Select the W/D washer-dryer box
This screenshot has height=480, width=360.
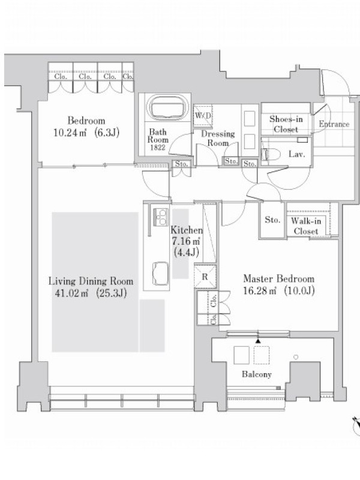(x=203, y=115)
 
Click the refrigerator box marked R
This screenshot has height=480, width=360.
(x=205, y=277)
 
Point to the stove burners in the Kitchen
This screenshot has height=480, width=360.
(x=160, y=217)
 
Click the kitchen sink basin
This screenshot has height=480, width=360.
(x=160, y=273)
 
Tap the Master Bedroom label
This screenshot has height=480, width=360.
(x=278, y=278)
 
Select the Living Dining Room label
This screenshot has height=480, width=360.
(x=91, y=281)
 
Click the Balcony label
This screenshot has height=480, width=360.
(x=257, y=374)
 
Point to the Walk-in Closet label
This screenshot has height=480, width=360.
(x=306, y=226)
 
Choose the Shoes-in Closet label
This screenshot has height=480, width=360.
(x=286, y=124)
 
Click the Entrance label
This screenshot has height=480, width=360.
(x=334, y=124)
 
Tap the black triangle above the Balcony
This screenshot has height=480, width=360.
(x=258, y=341)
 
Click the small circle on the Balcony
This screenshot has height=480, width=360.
(x=296, y=357)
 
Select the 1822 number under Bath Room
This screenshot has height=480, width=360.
(x=158, y=147)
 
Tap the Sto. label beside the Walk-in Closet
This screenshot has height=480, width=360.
(x=272, y=220)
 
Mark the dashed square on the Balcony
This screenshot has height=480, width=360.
(x=262, y=355)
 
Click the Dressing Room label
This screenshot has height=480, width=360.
(x=218, y=138)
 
